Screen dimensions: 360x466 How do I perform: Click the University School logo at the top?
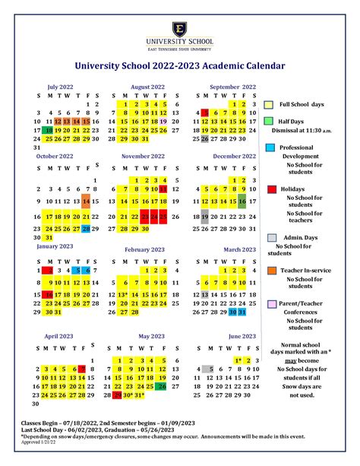click(180, 27)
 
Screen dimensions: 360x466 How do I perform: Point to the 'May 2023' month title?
click(152, 335)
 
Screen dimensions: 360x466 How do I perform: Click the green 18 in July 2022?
click(49, 130)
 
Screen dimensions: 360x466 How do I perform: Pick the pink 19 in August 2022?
click(164, 121)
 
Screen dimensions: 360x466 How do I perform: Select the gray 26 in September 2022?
click(205, 139)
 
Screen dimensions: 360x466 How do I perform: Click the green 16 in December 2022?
click(242, 201)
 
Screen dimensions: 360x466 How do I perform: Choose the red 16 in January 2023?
click(49, 295)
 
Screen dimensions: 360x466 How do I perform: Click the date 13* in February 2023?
click(124, 295)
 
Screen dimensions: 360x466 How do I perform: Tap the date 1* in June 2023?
click(238, 360)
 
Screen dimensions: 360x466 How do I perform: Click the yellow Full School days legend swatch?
click(270, 103)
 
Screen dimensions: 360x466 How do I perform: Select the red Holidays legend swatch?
click(270, 189)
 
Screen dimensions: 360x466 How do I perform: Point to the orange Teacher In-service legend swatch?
click(270, 271)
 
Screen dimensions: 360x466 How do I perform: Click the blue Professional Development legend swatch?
click(270, 147)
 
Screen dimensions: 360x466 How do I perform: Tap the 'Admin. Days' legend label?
click(299, 237)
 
